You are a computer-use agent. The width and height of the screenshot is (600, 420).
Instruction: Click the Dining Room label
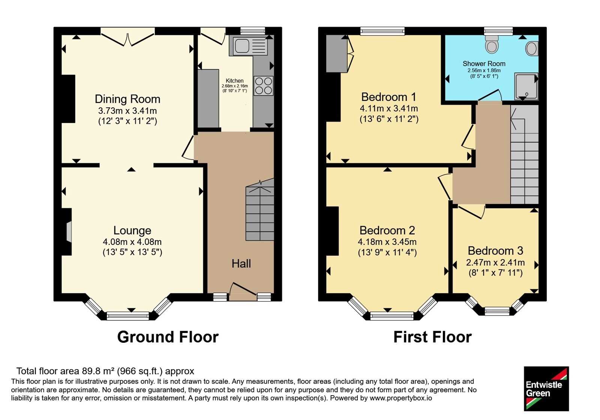127,99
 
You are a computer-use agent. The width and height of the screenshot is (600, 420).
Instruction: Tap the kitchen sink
248,46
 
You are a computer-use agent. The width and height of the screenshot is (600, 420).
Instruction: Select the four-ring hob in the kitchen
264,86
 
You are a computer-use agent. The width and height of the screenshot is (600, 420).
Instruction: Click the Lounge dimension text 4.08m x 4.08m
132,242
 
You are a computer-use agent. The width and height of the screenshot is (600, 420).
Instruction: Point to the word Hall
241,264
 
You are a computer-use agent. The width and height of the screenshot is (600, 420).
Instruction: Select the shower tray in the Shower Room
526,86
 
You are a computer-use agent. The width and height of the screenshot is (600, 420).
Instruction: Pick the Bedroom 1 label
389,97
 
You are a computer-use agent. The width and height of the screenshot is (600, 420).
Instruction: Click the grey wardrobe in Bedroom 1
337,54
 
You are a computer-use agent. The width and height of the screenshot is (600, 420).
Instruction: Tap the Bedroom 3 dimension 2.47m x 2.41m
495,262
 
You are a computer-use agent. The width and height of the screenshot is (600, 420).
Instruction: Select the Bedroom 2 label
387,230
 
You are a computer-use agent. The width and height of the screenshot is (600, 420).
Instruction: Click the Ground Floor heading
168,337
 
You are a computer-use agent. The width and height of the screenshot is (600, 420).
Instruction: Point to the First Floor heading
433,337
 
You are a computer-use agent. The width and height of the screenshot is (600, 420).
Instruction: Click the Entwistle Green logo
546,388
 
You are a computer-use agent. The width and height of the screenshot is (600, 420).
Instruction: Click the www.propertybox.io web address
401,398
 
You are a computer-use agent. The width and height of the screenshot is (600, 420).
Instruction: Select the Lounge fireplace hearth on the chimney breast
69,232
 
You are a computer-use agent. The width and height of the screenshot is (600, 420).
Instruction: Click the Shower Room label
484,64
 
